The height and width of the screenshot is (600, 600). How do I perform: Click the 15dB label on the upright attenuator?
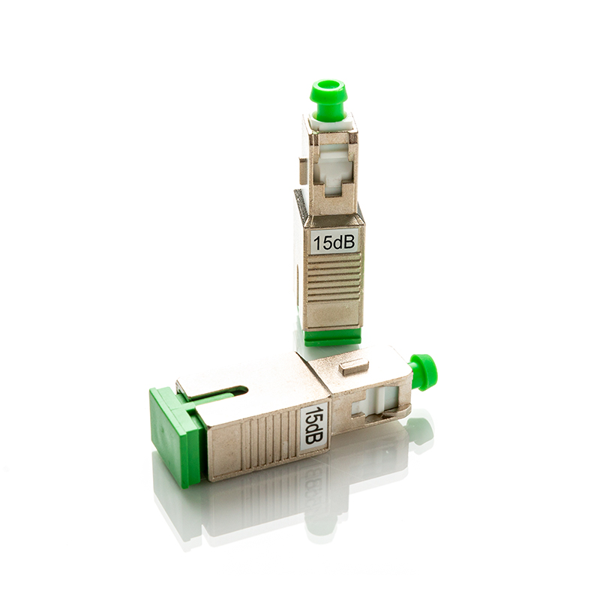(334, 241)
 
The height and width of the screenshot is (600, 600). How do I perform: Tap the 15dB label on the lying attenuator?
(313, 425)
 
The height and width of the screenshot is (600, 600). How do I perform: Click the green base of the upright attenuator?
(334, 335)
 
